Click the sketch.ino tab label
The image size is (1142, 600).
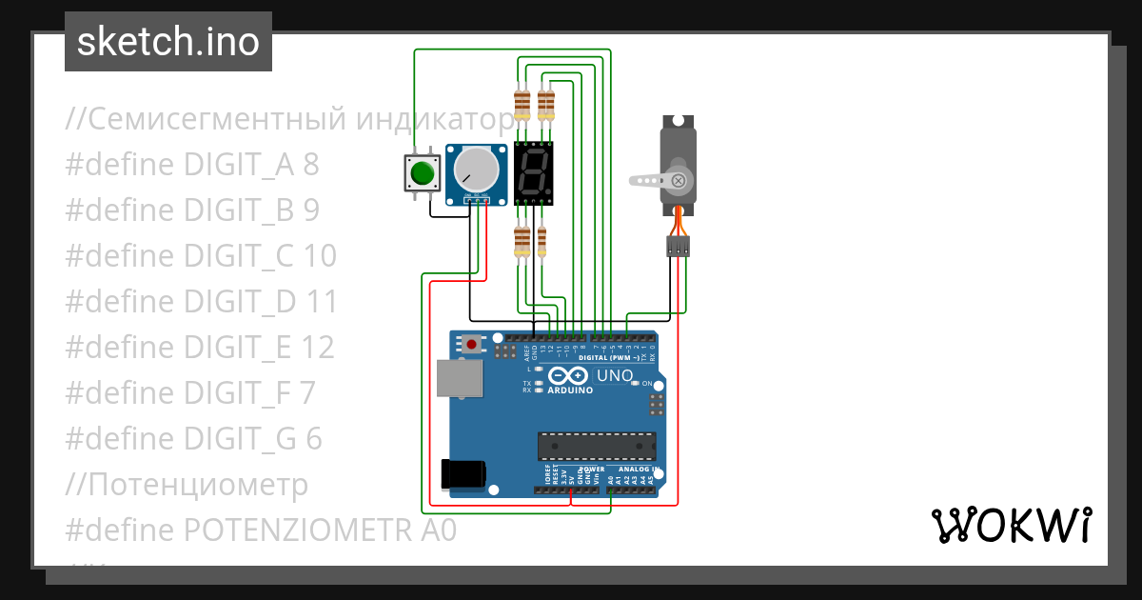(167, 42)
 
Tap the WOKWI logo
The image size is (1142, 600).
(1011, 526)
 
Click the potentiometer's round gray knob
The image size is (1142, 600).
(475, 170)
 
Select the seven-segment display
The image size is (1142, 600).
(534, 173)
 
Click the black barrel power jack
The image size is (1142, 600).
(463, 472)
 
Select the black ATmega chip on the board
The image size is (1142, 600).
(597, 446)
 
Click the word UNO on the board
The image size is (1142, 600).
(615, 376)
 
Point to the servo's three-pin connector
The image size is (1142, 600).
(677, 247)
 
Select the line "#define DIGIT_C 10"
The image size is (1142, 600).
(201, 256)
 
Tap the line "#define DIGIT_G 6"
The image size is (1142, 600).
(193, 439)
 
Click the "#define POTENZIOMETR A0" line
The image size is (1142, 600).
(261, 530)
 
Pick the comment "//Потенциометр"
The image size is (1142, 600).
(187, 485)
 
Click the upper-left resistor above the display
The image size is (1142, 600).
(522, 104)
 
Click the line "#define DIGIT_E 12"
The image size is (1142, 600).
(200, 348)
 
